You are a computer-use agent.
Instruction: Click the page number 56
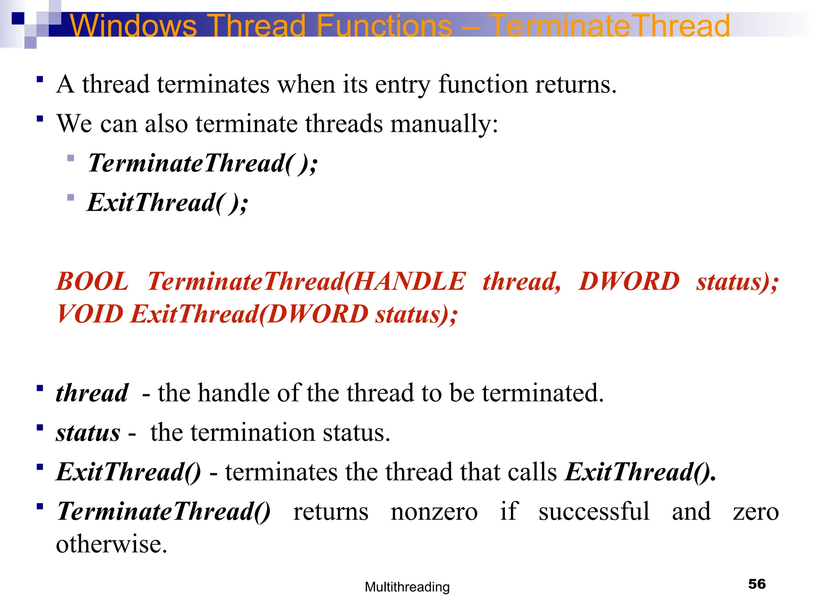pos(757,584)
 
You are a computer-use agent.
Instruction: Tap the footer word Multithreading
pos(407,587)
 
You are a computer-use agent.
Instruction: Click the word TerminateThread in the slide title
pos(611,25)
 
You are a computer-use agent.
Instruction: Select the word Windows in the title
pos(133,25)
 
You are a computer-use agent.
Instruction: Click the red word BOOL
pos(92,281)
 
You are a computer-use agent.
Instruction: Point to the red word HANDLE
pos(409,281)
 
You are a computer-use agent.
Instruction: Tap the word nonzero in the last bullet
pos(434,511)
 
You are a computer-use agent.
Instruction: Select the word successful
pos(594,511)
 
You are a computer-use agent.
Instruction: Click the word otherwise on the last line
pos(111,544)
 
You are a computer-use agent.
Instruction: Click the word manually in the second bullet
pos(444,124)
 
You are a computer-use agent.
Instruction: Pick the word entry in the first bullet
pos(402,84)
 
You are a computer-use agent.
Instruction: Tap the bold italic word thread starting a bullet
pos(92,393)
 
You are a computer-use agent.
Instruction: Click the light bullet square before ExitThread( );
pos(71,197)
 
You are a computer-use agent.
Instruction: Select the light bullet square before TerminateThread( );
pos(71,158)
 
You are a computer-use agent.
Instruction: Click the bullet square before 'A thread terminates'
pos(39,79)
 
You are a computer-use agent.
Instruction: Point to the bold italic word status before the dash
pos(88,433)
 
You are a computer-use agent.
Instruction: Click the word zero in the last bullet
pos(755,511)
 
